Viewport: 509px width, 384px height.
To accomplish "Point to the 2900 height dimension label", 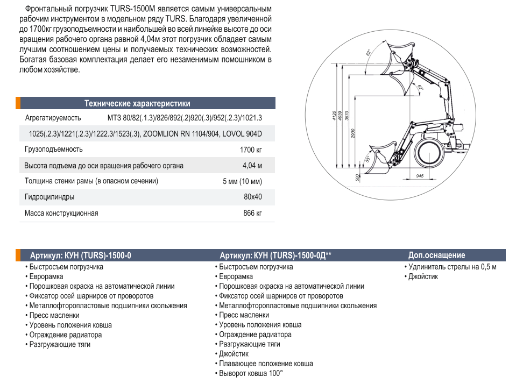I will coord(353,134).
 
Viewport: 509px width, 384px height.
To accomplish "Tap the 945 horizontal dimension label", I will coord(420,175).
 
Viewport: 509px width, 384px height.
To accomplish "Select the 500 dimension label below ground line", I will coord(357,178).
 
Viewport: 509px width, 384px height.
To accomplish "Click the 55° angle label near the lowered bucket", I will coord(368,159).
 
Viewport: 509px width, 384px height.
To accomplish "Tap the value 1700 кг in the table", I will coord(251,150).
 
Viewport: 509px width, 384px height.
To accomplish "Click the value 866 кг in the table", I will coord(252,214).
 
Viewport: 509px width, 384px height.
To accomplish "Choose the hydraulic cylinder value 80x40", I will coord(252,197).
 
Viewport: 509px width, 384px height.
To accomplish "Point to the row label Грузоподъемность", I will coord(54,150).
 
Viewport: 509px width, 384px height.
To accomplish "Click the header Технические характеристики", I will coord(137,104).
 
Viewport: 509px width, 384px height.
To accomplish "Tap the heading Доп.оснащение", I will coord(436,255).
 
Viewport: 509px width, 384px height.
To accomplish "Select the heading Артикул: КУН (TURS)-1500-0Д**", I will coord(275,255).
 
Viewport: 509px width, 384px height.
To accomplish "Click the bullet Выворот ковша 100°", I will coord(250,373).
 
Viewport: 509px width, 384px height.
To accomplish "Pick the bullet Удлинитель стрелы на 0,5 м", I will coord(452,267).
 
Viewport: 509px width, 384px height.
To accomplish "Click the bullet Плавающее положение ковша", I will coord(266,364).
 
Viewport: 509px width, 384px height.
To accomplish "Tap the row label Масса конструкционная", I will coord(61,214).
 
